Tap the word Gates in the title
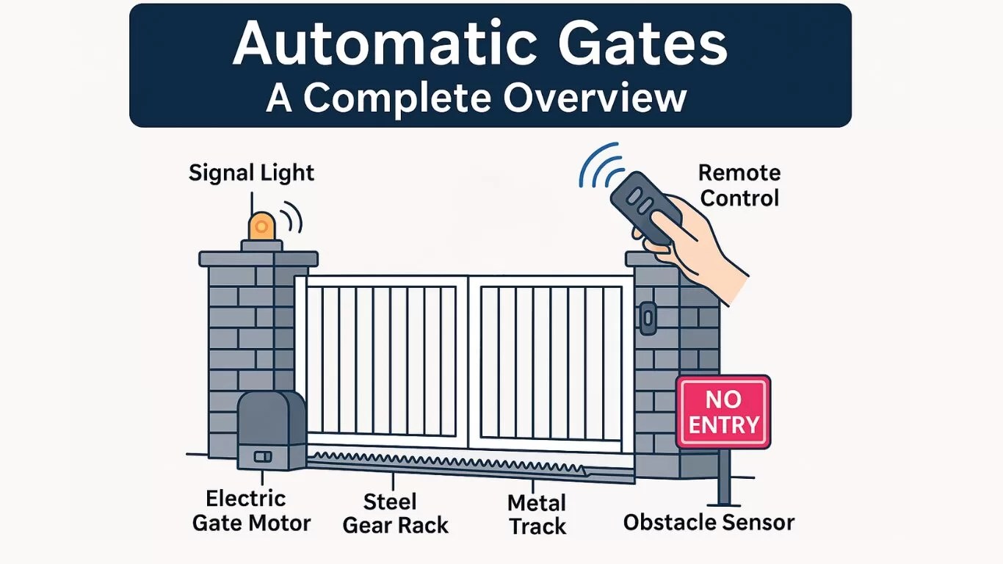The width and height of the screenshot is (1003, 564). pos(642,43)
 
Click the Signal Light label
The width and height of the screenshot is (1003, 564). pos(251,173)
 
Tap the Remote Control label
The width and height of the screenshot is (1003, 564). pos(739,186)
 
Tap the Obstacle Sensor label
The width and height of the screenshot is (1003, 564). pos(709,523)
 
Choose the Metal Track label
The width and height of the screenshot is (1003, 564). pos(537,515)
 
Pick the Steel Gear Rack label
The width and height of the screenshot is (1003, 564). pos(395,513)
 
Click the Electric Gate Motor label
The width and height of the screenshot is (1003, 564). pos(251,511)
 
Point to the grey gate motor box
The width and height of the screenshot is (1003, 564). pos(271,430)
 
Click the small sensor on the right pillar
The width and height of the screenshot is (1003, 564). pos(648,317)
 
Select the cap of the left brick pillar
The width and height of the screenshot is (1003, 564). pos(258,258)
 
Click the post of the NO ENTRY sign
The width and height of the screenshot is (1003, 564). pos(724,477)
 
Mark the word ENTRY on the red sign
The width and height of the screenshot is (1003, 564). pos(723,425)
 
